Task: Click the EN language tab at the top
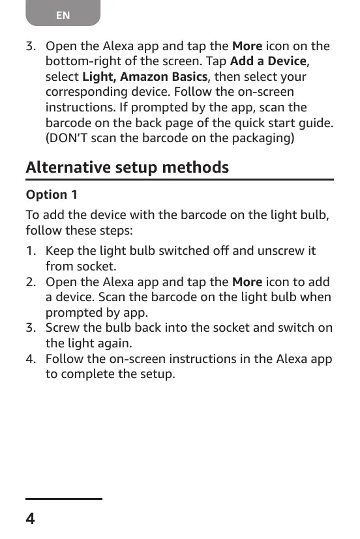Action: point(63,14)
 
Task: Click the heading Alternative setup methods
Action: point(127,168)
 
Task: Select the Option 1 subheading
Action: point(51,194)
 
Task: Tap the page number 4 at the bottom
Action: point(31,519)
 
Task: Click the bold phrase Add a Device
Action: point(268,61)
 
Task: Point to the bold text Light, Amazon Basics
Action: point(144,77)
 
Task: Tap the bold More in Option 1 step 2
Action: point(247,282)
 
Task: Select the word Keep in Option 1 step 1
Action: point(59,251)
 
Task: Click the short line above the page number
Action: point(64,499)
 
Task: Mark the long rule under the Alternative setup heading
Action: point(179,180)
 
